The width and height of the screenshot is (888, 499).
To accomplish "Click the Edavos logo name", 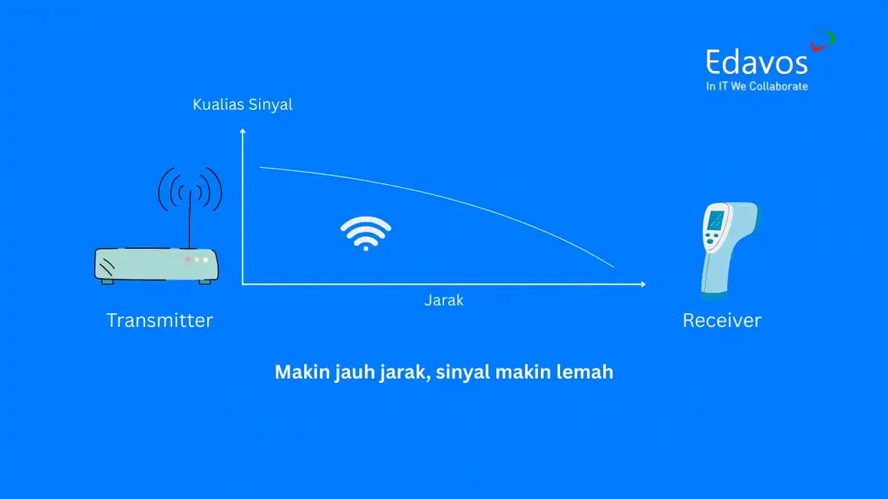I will pos(756,62).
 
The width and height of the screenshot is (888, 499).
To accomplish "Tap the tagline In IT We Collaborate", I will pos(756,86).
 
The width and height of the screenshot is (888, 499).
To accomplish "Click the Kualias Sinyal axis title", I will pos(243,105).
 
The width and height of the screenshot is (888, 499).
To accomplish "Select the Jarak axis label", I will pos(444,300).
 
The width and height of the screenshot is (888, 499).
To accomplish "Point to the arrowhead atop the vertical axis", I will pos(242,131).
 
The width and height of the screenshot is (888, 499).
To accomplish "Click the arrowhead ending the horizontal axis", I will pos(642,284).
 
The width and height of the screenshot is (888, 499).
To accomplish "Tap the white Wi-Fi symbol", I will pos(366,234).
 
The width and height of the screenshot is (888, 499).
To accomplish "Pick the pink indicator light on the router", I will pos(187,259).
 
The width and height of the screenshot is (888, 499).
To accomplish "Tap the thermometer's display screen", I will pos(716,220).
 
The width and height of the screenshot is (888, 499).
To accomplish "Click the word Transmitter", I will pos(159,320).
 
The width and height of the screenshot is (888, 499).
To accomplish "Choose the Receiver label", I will pos(721,320).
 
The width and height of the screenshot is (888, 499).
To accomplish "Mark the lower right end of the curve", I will pos(613,266).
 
